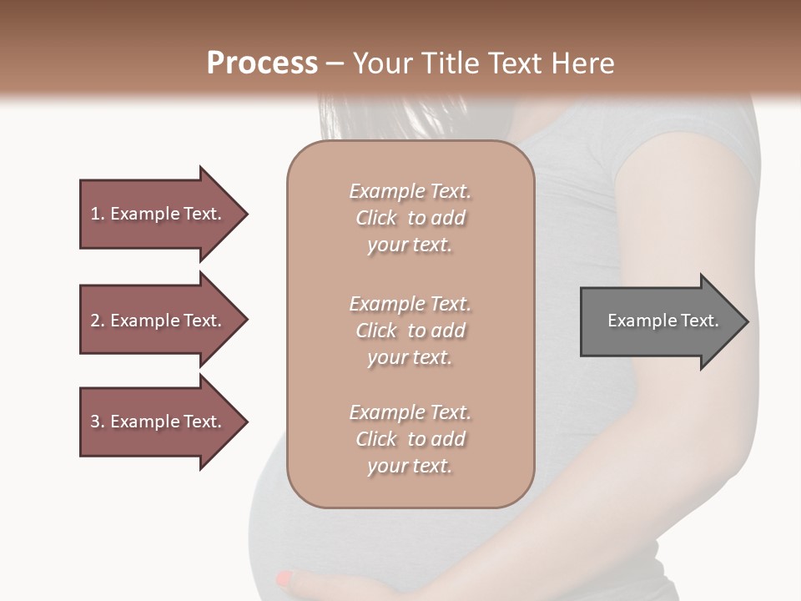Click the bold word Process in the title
pos(262,63)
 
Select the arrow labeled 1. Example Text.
pos(159,214)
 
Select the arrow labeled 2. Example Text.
pos(159,321)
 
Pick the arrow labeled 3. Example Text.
pos(159,422)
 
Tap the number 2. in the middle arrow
pos(98,321)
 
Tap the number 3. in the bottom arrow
pos(98,422)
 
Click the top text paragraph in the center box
pos(410,218)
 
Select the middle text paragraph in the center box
pos(410,330)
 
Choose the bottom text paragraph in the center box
pos(410,439)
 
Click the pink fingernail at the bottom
pos(285,578)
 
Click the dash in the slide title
pos(335,63)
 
